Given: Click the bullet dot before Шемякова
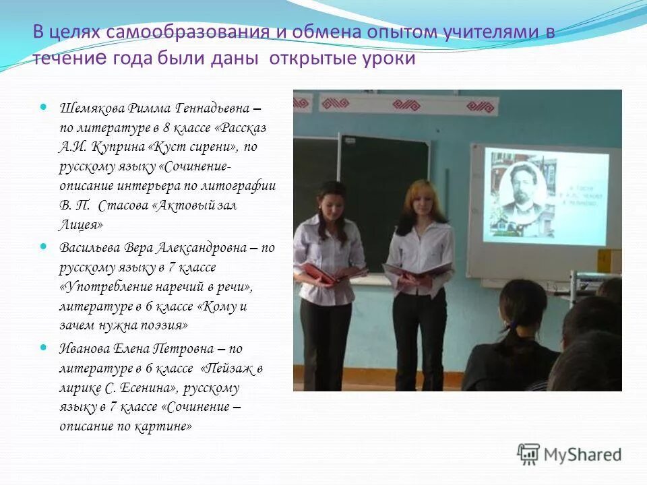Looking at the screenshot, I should (44, 107).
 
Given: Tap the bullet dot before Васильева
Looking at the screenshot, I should (44, 247).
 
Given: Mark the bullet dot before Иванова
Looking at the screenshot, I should (44, 348).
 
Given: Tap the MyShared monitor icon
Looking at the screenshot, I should (528, 455).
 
